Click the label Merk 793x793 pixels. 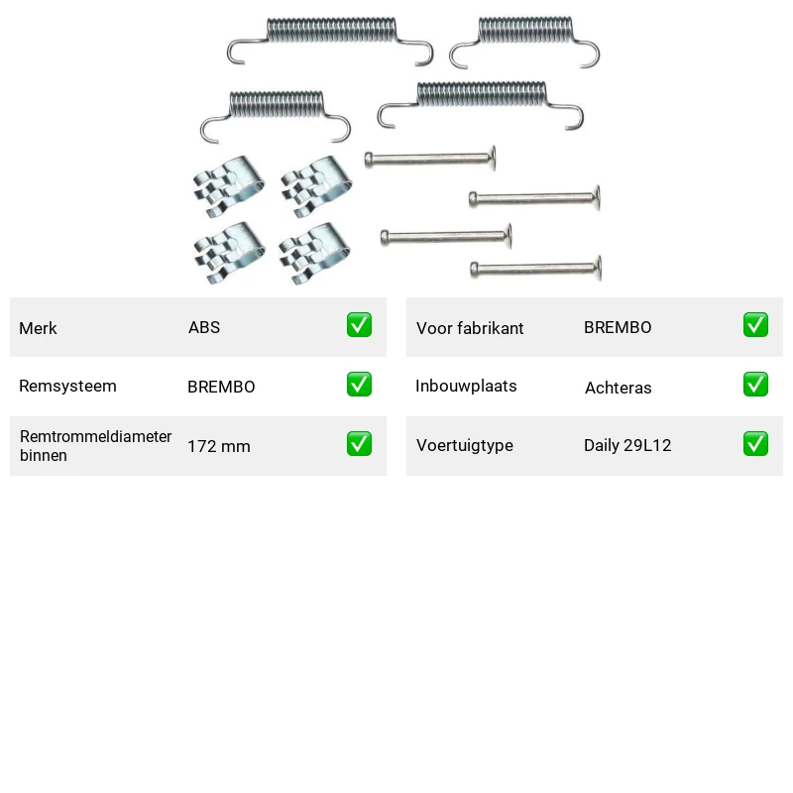(x=38, y=328)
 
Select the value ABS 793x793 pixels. (x=204, y=327)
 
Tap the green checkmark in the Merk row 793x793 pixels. (x=359, y=325)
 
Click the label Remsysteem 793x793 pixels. (x=67, y=386)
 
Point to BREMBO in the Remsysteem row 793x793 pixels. (x=221, y=387)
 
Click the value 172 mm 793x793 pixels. (x=219, y=447)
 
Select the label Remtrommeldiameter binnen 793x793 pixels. (x=95, y=445)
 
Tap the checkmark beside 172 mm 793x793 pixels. (x=359, y=443)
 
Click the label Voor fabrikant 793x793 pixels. (x=470, y=328)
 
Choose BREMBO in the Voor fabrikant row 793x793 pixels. (x=618, y=327)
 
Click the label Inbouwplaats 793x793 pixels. (x=466, y=386)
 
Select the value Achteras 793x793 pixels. (x=618, y=388)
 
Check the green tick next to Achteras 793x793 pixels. (x=755, y=385)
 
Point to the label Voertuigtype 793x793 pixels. (x=465, y=445)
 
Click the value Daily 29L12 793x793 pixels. (x=627, y=445)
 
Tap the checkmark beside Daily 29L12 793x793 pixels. (x=755, y=443)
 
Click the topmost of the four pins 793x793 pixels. (x=430, y=160)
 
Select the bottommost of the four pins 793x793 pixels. (x=536, y=269)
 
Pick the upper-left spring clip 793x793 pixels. (x=229, y=186)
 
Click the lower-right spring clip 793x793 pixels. (x=314, y=253)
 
